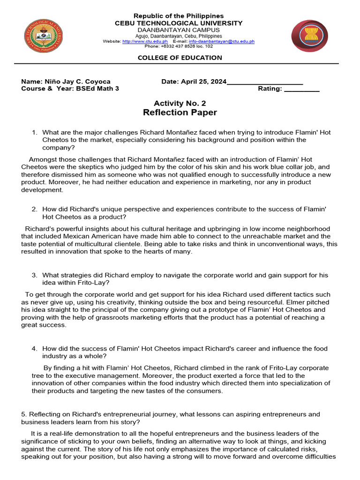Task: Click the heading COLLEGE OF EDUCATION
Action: tap(180, 58)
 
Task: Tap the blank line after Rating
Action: tap(301, 89)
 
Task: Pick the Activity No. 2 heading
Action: tap(180, 103)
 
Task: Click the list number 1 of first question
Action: tap(34, 133)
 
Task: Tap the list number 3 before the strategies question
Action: tap(34, 275)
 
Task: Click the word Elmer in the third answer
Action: tap(292, 302)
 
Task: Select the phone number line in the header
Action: tap(178, 46)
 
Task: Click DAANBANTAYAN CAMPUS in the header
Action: tap(180, 30)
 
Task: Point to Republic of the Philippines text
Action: tap(180, 16)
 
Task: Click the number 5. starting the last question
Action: tap(24, 414)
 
